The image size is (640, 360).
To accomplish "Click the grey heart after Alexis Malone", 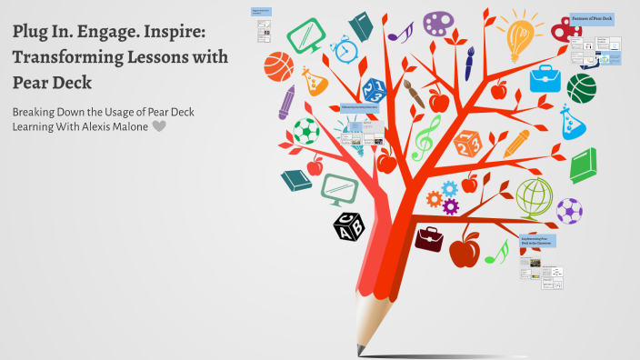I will (x=160, y=126).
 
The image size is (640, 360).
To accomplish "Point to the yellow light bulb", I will (x=520, y=35).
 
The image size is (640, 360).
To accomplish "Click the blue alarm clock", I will (x=344, y=47).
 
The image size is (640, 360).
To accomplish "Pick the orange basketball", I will (x=278, y=65).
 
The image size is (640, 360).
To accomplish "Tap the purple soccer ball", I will (x=570, y=211).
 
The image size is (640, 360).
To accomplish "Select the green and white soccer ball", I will (x=305, y=131).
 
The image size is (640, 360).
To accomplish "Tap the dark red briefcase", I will (x=429, y=239).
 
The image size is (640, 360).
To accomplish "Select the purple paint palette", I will (x=441, y=23).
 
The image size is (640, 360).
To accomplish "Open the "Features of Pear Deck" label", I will (x=591, y=18).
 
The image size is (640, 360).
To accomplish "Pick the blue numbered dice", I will (x=375, y=89).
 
